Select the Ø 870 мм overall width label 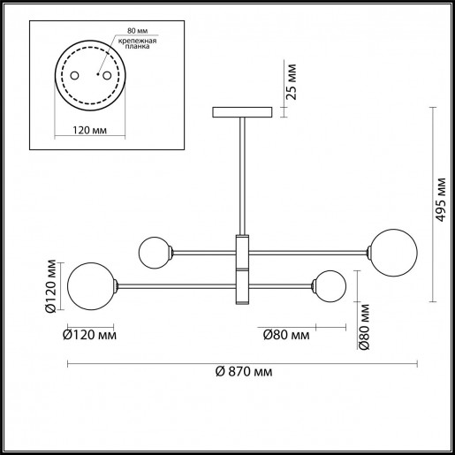(x=242, y=371)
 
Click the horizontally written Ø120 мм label (x=89, y=335)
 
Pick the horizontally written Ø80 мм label (x=285, y=335)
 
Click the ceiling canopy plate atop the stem (x=243, y=112)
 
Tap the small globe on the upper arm (x=155, y=252)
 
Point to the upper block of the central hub (x=243, y=252)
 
